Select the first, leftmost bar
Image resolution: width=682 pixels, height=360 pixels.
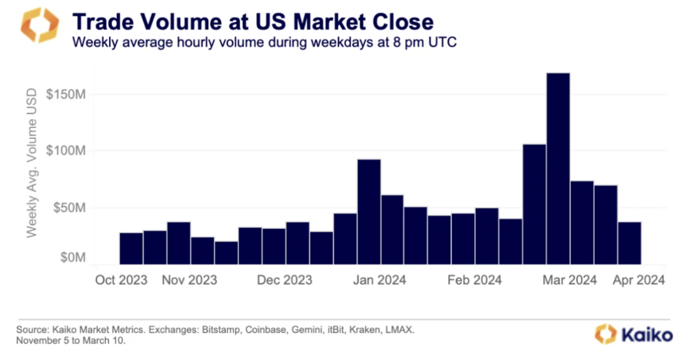coord(131,248)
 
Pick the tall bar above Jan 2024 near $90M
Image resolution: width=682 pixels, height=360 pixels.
coord(369,211)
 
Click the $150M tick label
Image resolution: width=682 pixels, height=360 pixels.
coord(66,94)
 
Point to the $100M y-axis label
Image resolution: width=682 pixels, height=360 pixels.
coord(66,151)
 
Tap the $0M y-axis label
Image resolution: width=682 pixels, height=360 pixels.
coord(71,258)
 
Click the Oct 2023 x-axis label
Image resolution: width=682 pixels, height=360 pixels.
coord(121,280)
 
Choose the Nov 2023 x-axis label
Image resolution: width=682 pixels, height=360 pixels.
coord(190,280)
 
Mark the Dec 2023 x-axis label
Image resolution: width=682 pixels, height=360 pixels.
coord(285,280)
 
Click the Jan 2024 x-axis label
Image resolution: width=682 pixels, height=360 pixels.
coord(379,280)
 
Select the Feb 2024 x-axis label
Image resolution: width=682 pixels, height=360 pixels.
coord(475,280)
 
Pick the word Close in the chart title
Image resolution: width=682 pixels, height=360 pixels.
coord(399,22)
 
